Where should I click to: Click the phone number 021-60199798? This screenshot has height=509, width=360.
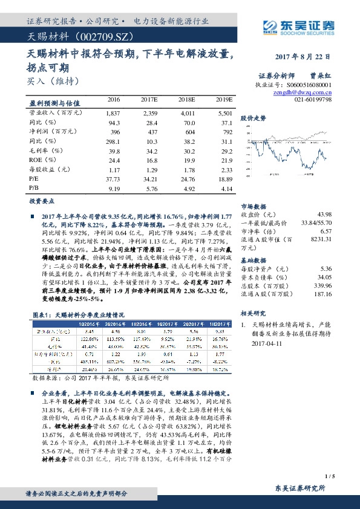tap(313, 99)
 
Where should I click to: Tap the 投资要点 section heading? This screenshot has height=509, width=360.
tap(42, 200)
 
